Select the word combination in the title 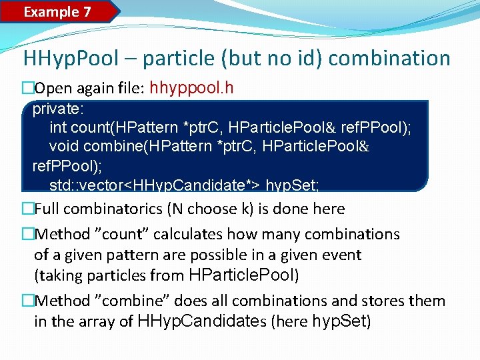coord(389,59)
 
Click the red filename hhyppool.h coord(192,88)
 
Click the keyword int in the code coord(58,127)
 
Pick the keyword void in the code coord(64,146)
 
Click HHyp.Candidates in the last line coord(201,321)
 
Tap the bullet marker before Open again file coord(27,89)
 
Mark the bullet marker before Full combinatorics coord(27,209)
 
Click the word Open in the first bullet coord(50,89)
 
